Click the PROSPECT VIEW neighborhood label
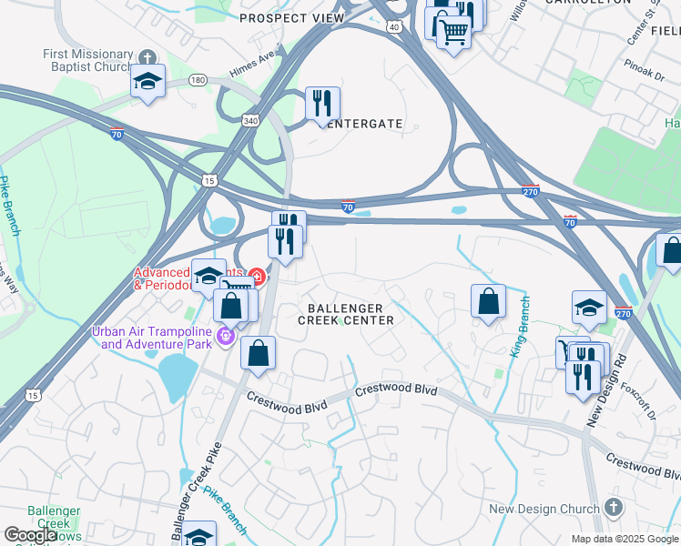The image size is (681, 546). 291,18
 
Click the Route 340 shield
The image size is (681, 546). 250,120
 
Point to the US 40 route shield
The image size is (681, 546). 393,27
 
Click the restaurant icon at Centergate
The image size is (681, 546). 322,104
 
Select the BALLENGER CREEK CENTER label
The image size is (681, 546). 347,313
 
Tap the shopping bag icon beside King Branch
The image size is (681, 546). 488,301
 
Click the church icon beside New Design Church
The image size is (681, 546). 614,508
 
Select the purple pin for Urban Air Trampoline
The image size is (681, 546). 226,339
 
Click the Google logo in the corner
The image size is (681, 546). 29,535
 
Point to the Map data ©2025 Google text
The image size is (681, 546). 625,539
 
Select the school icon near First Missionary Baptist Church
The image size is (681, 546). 147,82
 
